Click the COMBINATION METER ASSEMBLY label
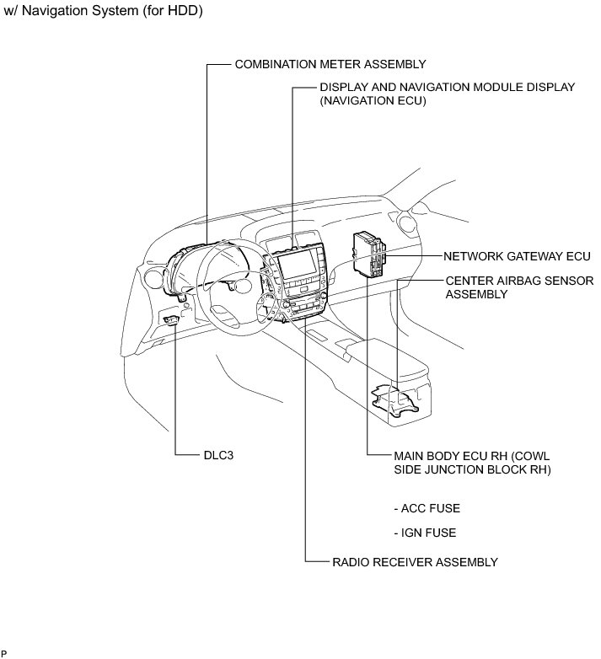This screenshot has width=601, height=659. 330,64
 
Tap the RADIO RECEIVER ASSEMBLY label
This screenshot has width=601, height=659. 416,561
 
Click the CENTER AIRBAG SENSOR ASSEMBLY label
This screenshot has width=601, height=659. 519,287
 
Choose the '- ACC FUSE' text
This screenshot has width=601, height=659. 427,508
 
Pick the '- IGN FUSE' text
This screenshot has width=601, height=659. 425,533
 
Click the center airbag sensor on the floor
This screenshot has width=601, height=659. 396,401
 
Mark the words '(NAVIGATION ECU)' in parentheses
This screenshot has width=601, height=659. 373,101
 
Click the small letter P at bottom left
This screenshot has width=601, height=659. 4,653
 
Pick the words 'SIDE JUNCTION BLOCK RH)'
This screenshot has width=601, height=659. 472,469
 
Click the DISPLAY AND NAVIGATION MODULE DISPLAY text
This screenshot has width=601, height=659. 447,87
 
